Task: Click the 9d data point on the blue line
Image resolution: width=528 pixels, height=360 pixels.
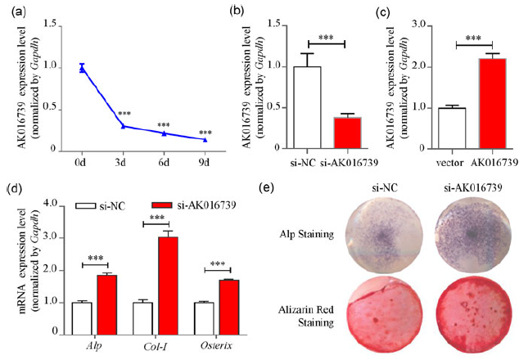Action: [205, 140]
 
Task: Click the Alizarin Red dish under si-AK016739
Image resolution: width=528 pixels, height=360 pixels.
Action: [468, 312]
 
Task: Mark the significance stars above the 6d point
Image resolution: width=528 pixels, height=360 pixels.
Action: [164, 124]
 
